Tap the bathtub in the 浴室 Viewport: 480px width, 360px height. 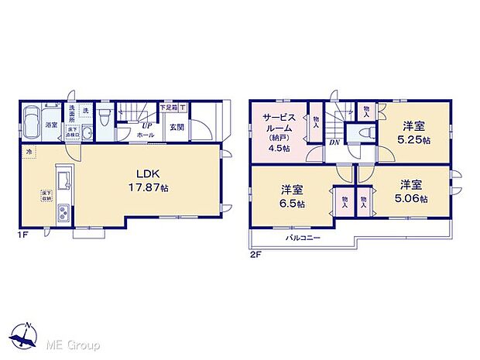pos(33,122)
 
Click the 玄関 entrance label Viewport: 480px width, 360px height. pos(177,128)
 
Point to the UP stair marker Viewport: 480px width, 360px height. pos(145,125)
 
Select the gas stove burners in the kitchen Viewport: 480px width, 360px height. pos(65,212)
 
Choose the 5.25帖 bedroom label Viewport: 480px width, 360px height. pos(412,131)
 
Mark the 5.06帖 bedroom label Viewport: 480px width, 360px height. pos(411,191)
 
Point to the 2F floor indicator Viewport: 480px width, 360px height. pos(255,252)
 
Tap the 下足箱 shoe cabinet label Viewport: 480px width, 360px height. pos(167,107)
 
